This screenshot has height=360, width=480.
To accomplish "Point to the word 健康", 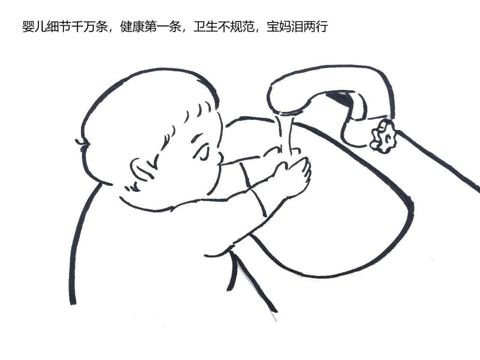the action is click(x=132, y=27).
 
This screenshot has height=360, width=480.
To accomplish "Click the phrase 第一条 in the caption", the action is click(x=163, y=27).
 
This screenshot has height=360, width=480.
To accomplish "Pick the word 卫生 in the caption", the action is click(x=205, y=27).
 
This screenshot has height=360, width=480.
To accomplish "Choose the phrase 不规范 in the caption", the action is click(x=236, y=27).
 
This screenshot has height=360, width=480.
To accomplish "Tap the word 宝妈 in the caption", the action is click(x=279, y=27).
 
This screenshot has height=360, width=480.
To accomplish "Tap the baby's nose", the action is click(x=220, y=158).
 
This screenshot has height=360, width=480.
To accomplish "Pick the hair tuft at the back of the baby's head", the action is click(x=82, y=143).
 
